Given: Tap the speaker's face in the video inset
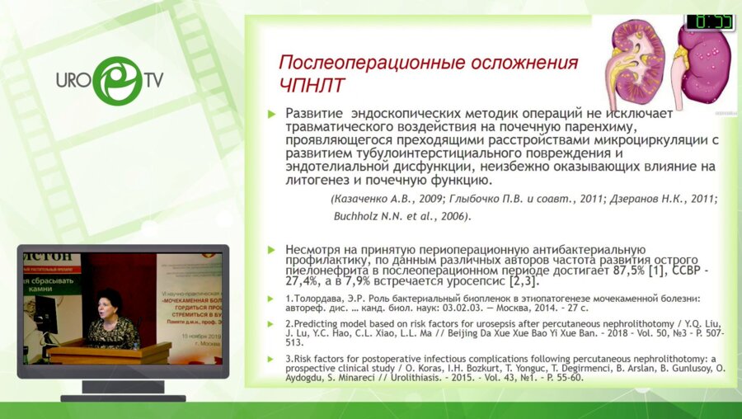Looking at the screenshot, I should (110, 303).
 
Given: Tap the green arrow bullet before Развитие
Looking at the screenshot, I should (272, 114).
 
